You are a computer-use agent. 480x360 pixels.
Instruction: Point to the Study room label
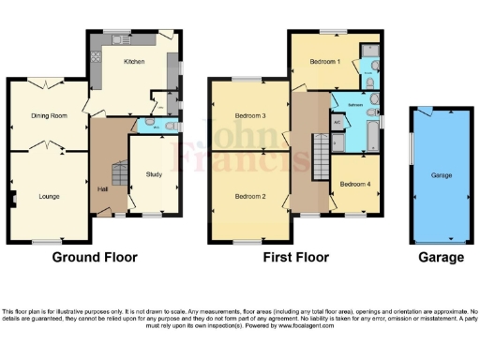point(154,173)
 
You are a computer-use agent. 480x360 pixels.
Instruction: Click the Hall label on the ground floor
point(101,189)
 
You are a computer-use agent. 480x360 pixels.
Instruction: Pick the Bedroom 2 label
point(251,196)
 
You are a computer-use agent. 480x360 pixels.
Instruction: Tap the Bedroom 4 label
point(355,183)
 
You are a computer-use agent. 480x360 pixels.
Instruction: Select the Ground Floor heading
point(94,257)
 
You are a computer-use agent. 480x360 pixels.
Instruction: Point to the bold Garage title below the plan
point(441,257)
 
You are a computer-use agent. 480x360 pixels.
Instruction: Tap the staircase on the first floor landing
point(319,149)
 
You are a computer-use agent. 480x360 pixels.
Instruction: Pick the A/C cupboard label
point(337,121)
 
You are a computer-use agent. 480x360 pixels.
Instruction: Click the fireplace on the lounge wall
point(12,198)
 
